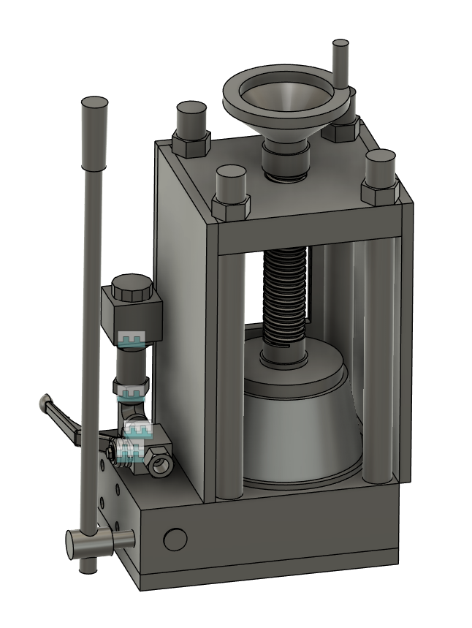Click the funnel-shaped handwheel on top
284,99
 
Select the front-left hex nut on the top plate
232,206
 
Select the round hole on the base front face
175,540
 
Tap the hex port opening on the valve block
160,464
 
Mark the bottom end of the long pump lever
87,566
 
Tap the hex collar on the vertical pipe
131,383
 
